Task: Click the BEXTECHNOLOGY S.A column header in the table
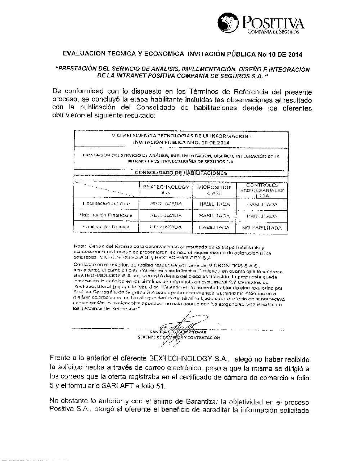(166, 190)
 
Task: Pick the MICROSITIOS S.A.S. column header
(214, 190)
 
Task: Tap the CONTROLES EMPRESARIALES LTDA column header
(262, 190)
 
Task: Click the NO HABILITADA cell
(262, 228)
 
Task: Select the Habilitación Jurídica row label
(105, 204)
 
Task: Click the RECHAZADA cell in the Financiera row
(166, 215)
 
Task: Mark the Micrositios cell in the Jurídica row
(214, 204)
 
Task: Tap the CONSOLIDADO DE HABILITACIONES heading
(181, 173)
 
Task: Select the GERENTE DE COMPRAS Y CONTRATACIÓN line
(179, 337)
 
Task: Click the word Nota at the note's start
(79, 246)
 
